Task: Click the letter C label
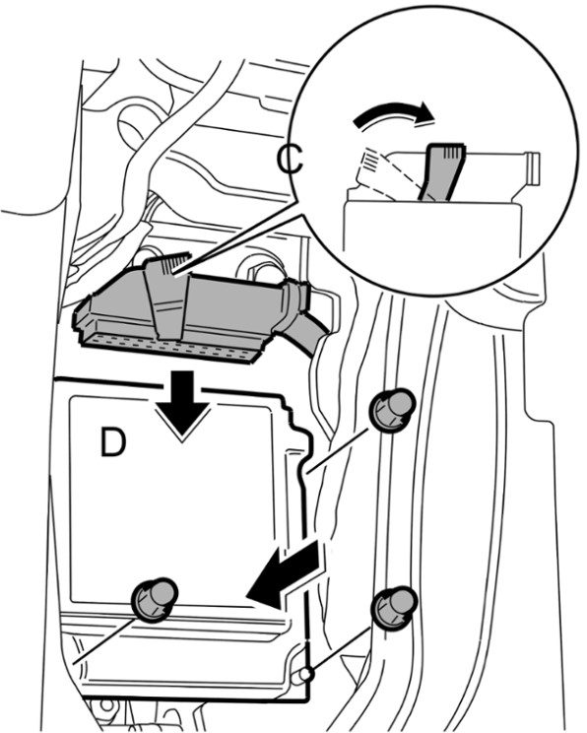(x=290, y=159)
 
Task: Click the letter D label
(x=113, y=442)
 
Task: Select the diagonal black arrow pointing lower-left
(x=285, y=576)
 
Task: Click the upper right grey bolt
(x=392, y=411)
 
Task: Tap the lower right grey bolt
(x=394, y=607)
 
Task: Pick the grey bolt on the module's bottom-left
(x=155, y=600)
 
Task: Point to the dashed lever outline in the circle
(x=377, y=172)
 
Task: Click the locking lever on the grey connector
(x=166, y=296)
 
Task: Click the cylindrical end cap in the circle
(x=532, y=168)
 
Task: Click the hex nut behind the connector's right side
(x=258, y=270)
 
